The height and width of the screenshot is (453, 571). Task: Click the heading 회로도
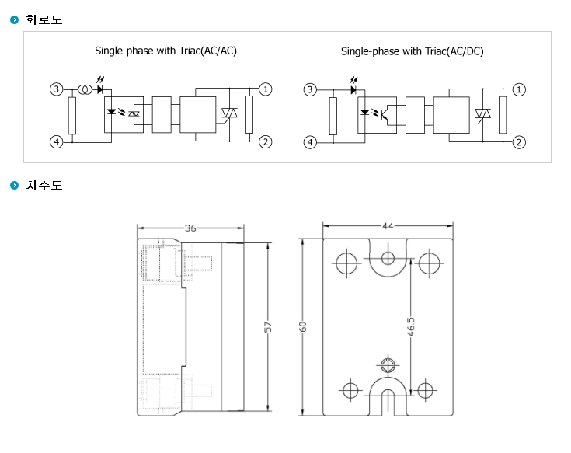tap(44, 19)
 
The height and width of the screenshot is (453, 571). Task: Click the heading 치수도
tap(44, 186)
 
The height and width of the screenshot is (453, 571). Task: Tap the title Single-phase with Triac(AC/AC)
tap(165, 51)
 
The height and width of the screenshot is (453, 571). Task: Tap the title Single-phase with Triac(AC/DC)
tap(413, 51)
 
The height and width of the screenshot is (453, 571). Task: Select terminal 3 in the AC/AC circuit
tap(57, 89)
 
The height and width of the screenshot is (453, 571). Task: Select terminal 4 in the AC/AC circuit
tap(57, 141)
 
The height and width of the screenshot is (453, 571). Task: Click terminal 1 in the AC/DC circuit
tap(519, 89)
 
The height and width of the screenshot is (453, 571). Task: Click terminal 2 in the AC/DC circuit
tap(519, 142)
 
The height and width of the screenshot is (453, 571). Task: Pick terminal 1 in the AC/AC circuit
tap(266, 89)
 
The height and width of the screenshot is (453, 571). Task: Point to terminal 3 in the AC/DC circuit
tap(310, 89)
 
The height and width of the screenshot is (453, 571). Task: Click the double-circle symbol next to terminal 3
tap(85, 89)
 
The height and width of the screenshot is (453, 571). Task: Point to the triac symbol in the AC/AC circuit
tap(229, 113)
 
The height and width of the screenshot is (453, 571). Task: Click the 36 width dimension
tap(190, 228)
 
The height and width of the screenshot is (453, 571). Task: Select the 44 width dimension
tap(388, 226)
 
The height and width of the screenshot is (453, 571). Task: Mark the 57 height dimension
tap(268, 327)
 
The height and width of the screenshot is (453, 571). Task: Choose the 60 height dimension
tap(303, 327)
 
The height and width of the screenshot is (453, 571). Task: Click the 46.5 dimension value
tap(411, 326)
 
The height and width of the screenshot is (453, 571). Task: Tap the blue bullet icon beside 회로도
tap(14, 19)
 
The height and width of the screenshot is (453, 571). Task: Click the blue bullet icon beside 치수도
tap(14, 186)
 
